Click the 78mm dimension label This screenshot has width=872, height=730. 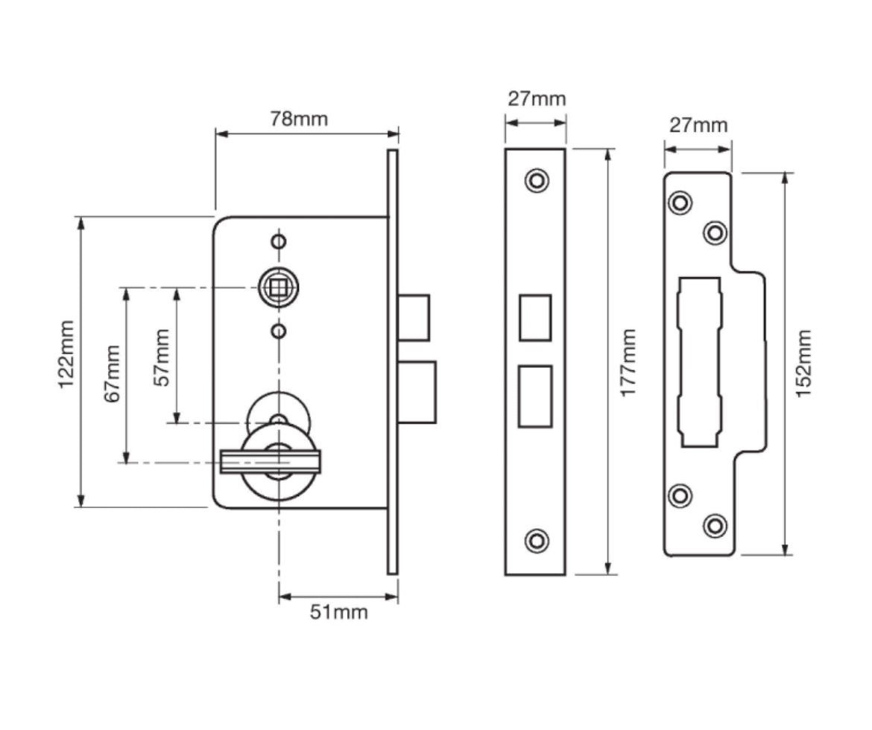(298, 119)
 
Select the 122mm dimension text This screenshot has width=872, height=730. (67, 363)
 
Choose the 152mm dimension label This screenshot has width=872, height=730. (803, 364)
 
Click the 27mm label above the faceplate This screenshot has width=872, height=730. (537, 98)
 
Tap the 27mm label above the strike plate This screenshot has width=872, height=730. (698, 124)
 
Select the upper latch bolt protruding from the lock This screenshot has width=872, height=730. (414, 317)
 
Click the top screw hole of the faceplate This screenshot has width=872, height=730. (536, 180)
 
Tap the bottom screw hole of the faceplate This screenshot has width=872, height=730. (536, 540)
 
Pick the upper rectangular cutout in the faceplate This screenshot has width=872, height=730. (534, 317)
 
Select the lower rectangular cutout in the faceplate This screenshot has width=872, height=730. (534, 396)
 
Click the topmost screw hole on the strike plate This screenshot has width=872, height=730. (679, 203)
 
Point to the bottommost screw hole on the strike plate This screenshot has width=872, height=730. (715, 526)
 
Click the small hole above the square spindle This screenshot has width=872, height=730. (278, 241)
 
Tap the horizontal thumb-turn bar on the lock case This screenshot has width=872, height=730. (270, 461)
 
